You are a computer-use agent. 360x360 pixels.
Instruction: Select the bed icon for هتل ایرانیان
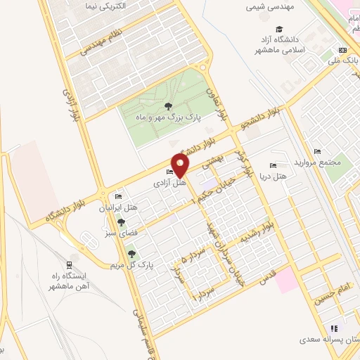[118, 196]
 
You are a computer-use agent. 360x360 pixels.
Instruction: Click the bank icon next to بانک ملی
[342, 50]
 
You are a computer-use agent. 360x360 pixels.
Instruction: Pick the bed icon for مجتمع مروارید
[317, 150]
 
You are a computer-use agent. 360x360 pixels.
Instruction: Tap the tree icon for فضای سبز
[120, 221]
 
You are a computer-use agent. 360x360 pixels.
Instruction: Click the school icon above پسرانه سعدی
[335, 328]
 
